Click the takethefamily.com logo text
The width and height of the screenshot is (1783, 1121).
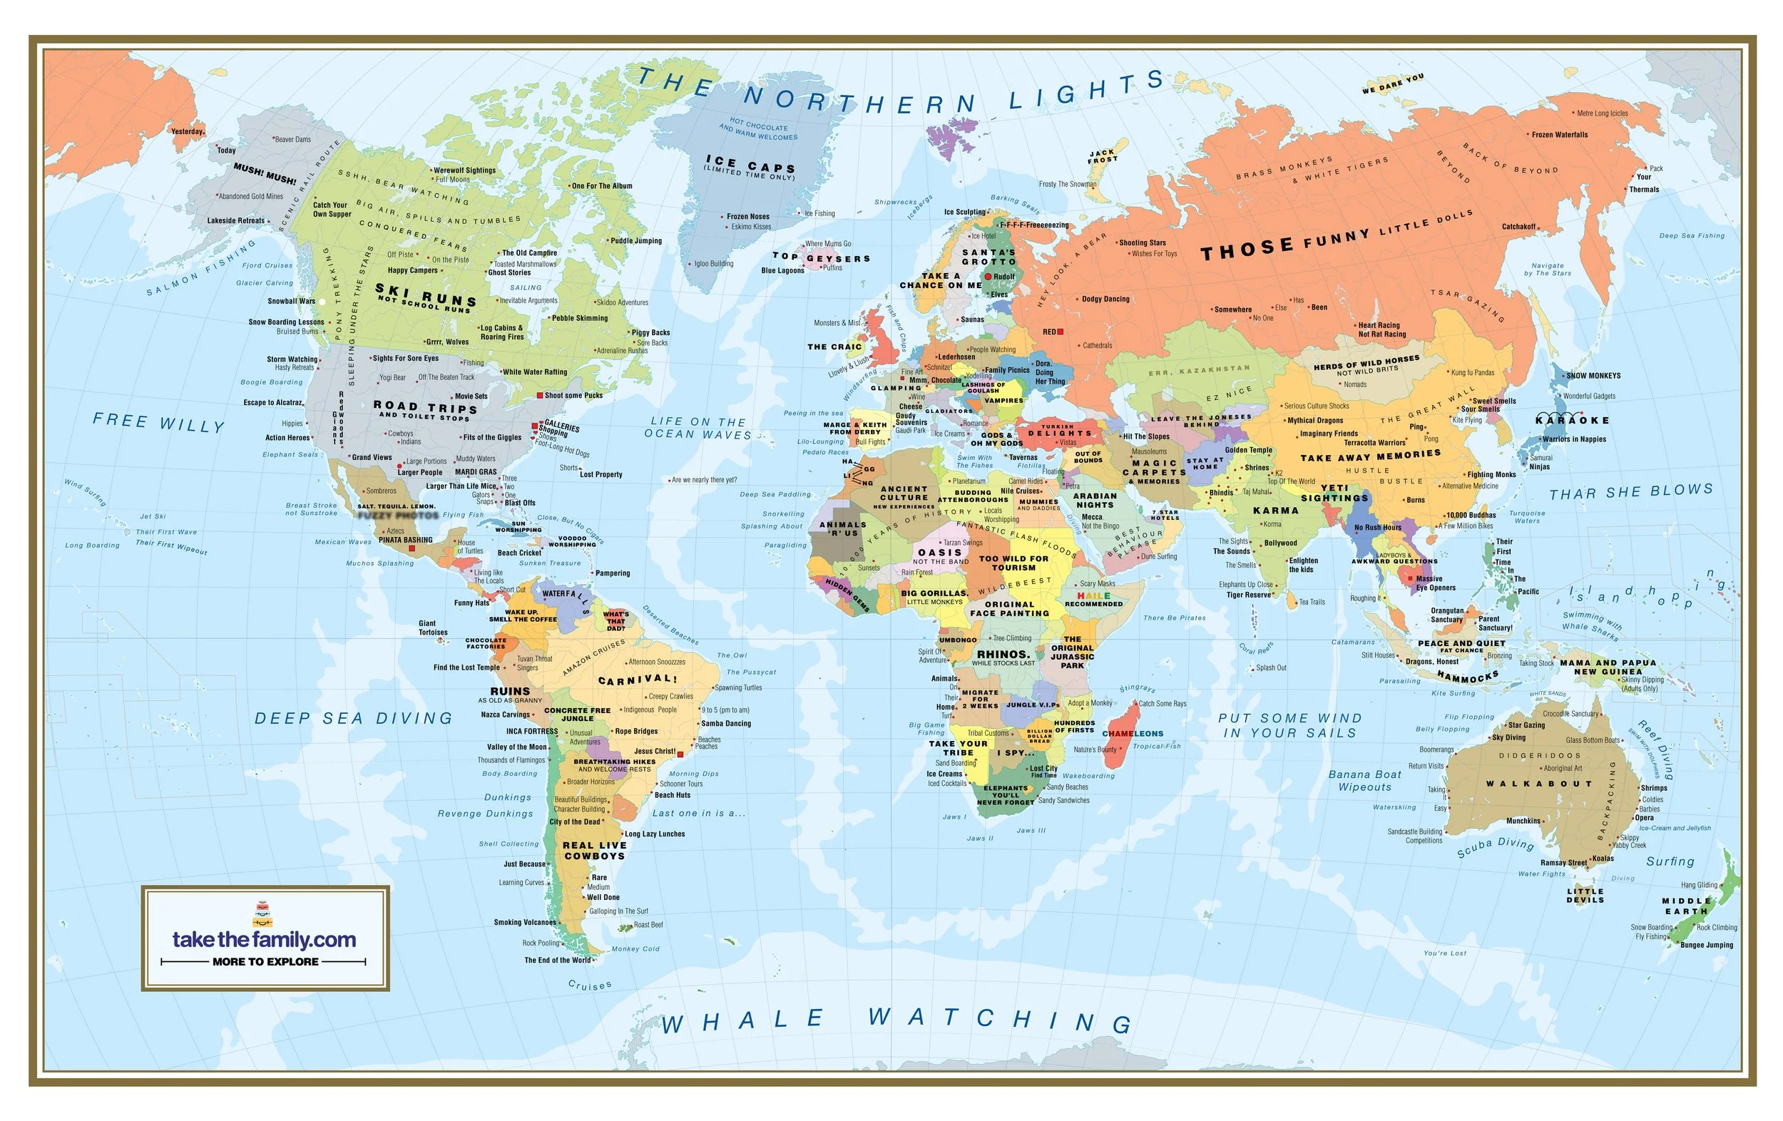tap(264, 940)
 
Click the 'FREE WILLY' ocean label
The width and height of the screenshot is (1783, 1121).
tap(158, 423)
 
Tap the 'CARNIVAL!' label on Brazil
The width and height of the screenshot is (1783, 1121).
tap(637, 679)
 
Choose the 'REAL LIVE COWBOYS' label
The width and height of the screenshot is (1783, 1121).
tap(594, 850)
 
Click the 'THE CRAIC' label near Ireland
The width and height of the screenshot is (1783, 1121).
tap(834, 347)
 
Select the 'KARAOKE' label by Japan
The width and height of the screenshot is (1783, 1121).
tap(1572, 420)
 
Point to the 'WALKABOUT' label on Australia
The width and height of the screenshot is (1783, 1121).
tap(1538, 784)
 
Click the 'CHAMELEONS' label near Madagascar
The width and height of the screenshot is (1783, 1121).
tap(1132, 734)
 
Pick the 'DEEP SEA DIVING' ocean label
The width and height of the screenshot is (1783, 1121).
tap(353, 718)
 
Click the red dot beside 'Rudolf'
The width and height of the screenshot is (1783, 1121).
tap(988, 276)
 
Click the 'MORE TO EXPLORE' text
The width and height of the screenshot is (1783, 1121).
tap(265, 961)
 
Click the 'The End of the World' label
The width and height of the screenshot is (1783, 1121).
tap(558, 961)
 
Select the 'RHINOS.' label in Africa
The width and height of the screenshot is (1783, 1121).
tap(1003, 654)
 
